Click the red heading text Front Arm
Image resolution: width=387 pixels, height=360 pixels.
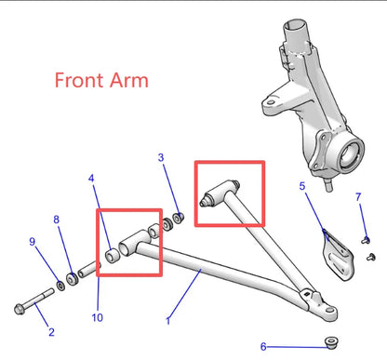tap(101, 80)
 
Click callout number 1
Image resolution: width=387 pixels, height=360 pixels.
tap(168, 321)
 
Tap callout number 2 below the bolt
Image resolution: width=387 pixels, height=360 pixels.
tap(51, 332)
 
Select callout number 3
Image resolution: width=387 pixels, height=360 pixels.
tap(161, 157)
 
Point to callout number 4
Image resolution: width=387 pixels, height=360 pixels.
tap(91, 179)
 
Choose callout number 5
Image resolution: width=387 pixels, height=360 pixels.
tap(302, 186)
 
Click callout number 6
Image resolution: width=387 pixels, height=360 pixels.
tap(263, 346)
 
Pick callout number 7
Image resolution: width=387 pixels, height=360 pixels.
tap(358, 196)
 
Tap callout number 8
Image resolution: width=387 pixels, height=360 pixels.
tap(56, 220)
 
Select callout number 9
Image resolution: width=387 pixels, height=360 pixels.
tap(33, 242)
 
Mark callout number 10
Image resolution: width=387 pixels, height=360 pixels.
tap(98, 317)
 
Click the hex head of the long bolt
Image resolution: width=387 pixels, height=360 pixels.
tap(20, 309)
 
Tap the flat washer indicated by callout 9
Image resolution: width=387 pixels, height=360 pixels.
tap(60, 286)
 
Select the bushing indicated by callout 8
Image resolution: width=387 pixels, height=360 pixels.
tap(73, 280)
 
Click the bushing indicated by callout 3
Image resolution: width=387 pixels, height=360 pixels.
tap(178, 218)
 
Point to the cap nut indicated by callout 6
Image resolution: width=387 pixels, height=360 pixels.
tap(331, 342)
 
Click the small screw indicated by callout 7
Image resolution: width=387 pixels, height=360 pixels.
tap(366, 240)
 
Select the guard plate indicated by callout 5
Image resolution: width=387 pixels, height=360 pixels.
tap(338, 255)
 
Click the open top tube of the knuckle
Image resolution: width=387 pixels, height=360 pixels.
tap(296, 25)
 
